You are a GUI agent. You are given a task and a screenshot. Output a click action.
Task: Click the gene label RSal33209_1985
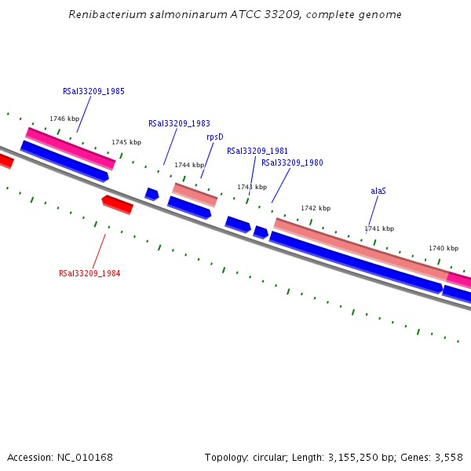93,91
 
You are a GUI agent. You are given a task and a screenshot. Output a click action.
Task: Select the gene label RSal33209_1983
179,123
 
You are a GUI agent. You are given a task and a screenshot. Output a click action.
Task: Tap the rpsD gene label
214,137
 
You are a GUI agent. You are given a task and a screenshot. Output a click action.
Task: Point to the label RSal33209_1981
257,151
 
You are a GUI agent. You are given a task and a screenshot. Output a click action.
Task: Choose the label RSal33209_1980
292,162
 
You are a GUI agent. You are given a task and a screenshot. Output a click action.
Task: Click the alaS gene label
378,191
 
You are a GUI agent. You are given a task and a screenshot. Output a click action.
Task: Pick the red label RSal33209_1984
89,273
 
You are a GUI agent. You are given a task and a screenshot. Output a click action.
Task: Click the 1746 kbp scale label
64,119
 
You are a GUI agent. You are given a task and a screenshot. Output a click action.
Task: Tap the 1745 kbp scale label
126,142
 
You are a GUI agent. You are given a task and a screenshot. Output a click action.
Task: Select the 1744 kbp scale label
189,165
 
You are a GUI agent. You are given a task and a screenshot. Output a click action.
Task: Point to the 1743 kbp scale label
252,187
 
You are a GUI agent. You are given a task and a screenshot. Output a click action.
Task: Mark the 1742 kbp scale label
316,208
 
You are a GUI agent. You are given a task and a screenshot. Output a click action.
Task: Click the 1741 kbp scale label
379,228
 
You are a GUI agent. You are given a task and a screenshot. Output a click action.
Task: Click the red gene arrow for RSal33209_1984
118,204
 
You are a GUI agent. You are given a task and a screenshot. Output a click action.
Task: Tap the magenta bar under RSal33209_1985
71,148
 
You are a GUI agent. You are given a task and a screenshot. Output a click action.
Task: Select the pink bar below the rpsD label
195,195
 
